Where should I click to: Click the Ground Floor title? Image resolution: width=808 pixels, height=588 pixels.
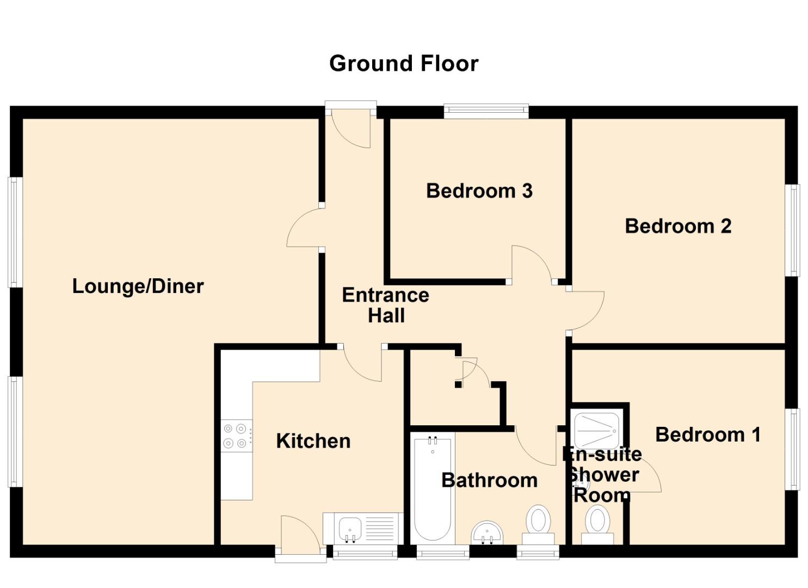(404, 64)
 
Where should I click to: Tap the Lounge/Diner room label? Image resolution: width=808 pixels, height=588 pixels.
(138, 286)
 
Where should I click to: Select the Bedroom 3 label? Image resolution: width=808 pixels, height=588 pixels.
(479, 191)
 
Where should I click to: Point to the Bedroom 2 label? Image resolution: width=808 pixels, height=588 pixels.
(678, 226)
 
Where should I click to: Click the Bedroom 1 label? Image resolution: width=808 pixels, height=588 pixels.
(708, 434)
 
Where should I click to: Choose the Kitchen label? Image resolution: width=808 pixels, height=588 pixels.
(313, 441)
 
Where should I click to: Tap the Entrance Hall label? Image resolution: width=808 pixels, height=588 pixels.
(385, 305)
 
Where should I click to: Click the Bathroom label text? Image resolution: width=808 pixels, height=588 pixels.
(489, 480)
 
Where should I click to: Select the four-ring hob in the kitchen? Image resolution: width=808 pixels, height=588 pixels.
(237, 436)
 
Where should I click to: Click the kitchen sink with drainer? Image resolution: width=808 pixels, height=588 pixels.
(363, 528)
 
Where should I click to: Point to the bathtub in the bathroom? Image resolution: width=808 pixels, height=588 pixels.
(433, 487)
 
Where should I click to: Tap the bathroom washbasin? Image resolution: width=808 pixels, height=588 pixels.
(487, 532)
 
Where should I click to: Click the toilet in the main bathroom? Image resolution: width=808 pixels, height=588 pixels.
(539, 523)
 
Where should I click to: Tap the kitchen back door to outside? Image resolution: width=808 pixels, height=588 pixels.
(300, 536)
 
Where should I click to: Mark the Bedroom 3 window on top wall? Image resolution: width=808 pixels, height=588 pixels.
(486, 112)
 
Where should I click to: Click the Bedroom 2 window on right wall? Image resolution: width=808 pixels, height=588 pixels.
(794, 230)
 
